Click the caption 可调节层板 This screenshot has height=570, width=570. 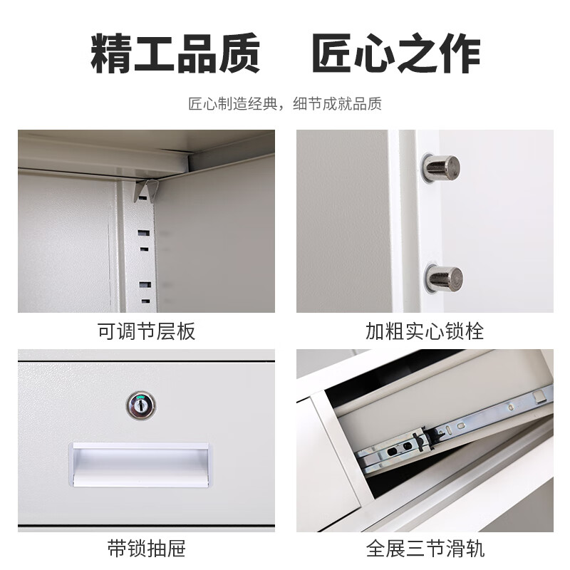146,331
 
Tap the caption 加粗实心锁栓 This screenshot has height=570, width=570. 425,331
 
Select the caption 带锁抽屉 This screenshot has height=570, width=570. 146,549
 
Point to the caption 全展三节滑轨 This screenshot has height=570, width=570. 425,549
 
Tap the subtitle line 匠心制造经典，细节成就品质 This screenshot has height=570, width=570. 285,104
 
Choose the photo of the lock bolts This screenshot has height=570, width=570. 425,221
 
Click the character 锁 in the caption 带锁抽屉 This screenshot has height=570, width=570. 136,549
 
